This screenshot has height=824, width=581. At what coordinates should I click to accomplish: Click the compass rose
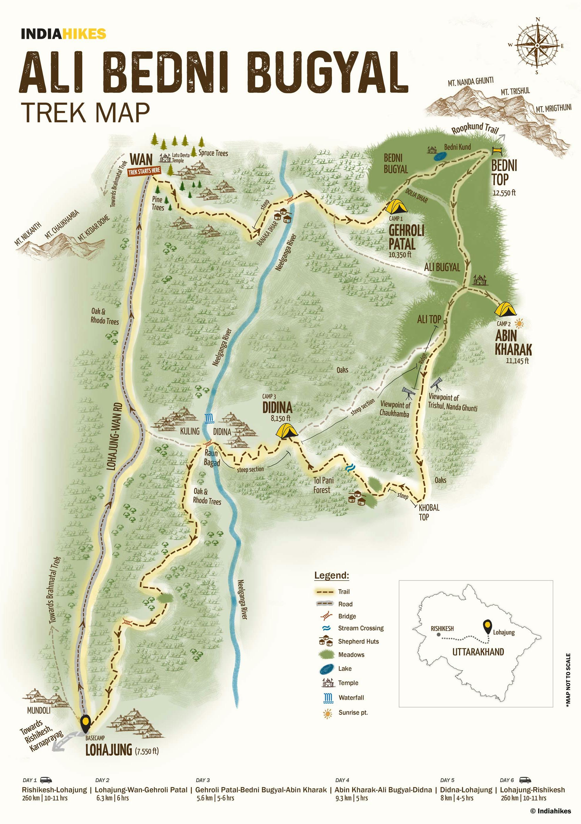pyautogui.click(x=537, y=46)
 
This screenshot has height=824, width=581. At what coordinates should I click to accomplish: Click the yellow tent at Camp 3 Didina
pyautogui.click(x=286, y=431)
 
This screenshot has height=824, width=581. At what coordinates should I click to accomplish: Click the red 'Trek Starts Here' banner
pyautogui.click(x=144, y=171)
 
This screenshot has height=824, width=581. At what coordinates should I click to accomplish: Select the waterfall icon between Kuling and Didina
pyautogui.click(x=209, y=418)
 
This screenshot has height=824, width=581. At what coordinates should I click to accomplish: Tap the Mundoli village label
pyautogui.click(x=39, y=710)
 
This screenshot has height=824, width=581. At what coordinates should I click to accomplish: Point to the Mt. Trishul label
pyautogui.click(x=515, y=91)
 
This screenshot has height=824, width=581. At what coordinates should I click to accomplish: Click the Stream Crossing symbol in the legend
pyautogui.click(x=327, y=628)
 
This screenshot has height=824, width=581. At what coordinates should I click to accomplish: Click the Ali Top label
pyautogui.click(x=429, y=319)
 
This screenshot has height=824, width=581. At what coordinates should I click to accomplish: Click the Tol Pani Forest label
pyautogui.click(x=323, y=485)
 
